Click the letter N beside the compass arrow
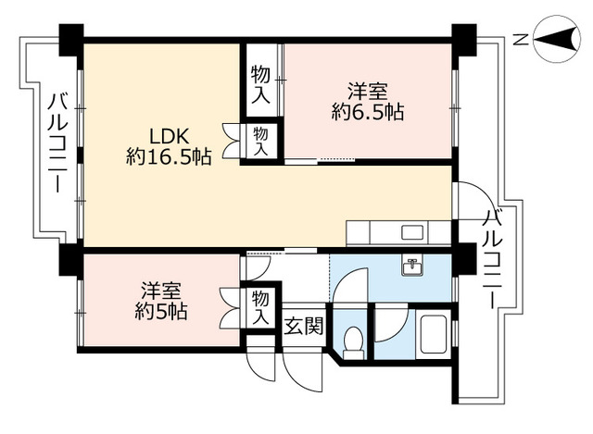tap(521, 39)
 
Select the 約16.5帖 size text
tap(169, 157)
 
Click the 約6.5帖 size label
tap(368, 114)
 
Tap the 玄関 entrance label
tap(303, 326)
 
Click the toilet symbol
tap(351, 343)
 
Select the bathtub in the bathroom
tap(434, 336)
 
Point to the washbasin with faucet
tap(411, 267)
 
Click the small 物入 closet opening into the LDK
tap(261, 142)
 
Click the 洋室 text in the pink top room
tap(368, 93)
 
